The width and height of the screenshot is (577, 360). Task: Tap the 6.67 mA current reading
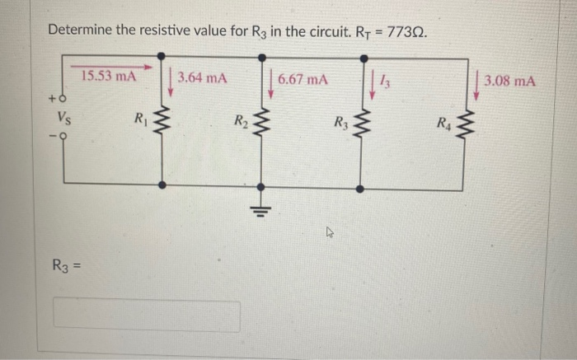303,80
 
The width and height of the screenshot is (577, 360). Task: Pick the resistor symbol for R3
360,126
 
